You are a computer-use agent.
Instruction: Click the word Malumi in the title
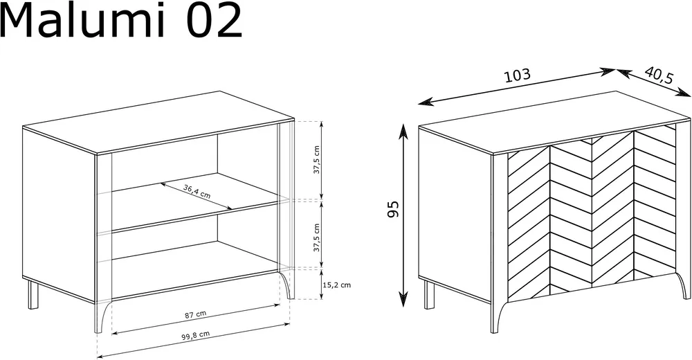[x=83, y=20]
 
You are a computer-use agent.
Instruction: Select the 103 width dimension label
[x=517, y=75]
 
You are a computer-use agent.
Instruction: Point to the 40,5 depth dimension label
[x=659, y=75]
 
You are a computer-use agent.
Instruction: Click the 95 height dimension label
[x=393, y=209]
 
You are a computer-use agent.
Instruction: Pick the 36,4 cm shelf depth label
[x=197, y=191]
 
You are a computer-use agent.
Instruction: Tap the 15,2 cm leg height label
[x=337, y=285]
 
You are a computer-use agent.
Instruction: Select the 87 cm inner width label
[x=195, y=314]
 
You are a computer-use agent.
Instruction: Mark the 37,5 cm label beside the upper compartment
[x=316, y=159]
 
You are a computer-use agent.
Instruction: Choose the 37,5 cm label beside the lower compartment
[x=316, y=237]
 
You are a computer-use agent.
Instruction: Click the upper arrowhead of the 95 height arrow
[x=403, y=131]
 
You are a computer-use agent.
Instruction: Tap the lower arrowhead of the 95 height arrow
[x=403, y=300]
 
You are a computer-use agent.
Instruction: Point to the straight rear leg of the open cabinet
[x=33, y=294]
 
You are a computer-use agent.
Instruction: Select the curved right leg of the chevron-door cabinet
[x=683, y=285]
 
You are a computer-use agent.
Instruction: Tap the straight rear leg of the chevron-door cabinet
[x=429, y=294]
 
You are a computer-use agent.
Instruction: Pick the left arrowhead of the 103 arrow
[x=424, y=103]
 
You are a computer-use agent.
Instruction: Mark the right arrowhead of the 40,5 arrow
[x=684, y=93]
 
